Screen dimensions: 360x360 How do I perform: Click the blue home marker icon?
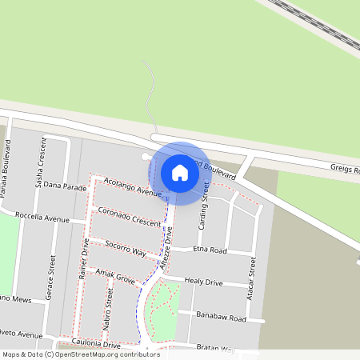tap(180, 173)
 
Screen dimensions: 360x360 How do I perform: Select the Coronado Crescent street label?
tap(129, 218)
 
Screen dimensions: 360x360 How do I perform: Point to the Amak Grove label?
tap(116, 276)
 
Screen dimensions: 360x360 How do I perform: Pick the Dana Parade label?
tap(64, 186)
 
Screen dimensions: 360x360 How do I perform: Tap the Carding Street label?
tap(204, 206)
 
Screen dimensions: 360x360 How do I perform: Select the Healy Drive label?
tap(203, 282)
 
